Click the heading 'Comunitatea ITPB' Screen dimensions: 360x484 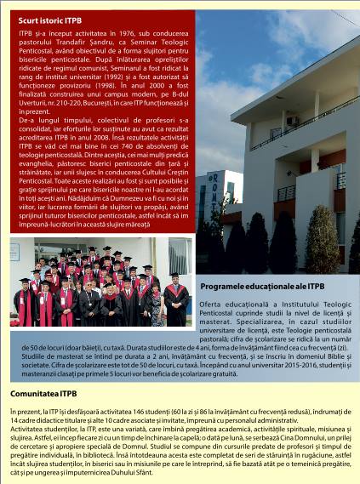43,394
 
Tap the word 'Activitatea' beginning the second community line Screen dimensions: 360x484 28,426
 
